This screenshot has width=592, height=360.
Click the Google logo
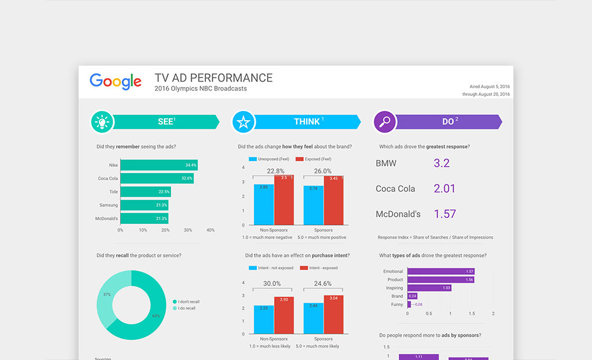(115, 81)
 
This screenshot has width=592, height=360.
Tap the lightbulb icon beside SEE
(102, 122)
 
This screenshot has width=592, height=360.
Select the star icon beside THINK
(243, 122)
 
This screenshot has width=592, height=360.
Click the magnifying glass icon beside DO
(385, 122)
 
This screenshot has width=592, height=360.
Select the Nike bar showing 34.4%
(159, 165)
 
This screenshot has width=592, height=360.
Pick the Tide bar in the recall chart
(145, 192)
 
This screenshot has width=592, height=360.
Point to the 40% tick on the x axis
(211, 230)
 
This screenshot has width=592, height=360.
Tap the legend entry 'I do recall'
(186, 308)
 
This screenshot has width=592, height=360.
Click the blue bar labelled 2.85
(264, 204)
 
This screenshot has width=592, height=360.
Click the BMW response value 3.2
(442, 163)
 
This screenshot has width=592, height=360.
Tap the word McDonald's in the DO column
(398, 214)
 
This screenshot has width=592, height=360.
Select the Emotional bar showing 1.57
(441, 271)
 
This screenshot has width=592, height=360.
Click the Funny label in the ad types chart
(397, 304)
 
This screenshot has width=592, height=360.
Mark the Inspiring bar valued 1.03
(429, 288)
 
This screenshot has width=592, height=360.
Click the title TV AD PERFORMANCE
(214, 78)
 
